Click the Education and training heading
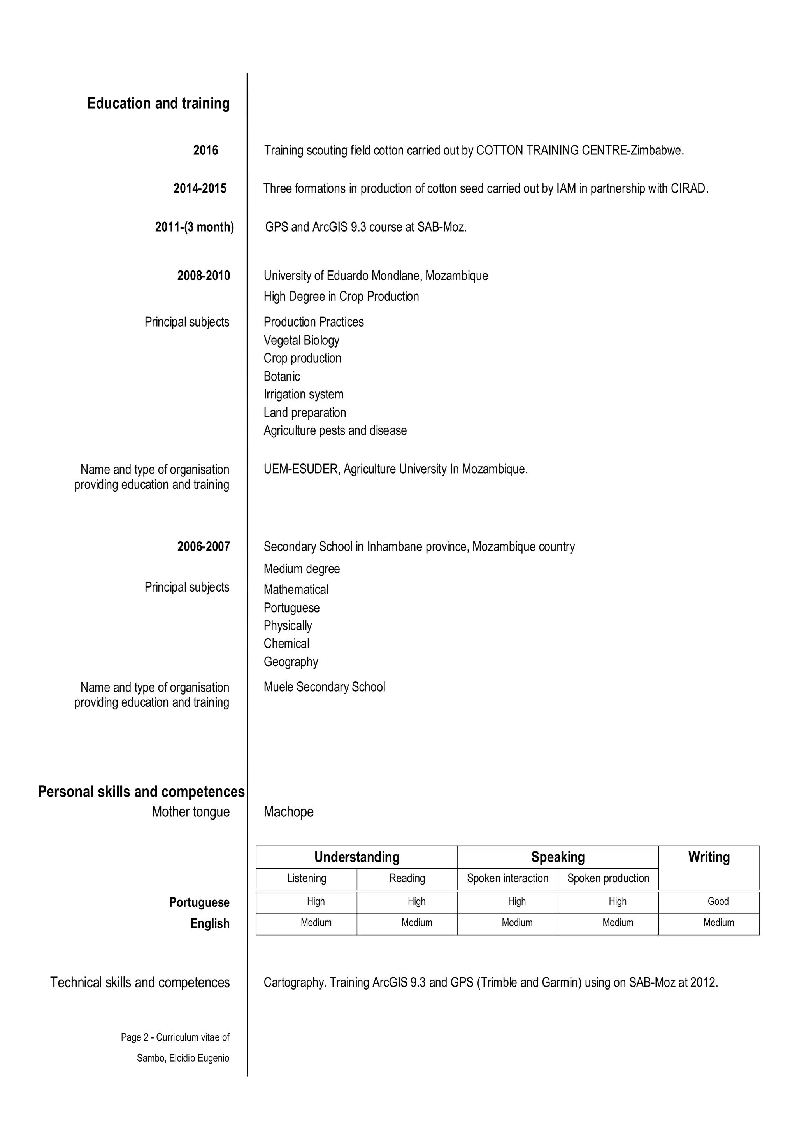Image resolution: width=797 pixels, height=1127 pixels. pos(158,104)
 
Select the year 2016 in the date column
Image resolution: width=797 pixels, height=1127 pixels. pos(205,150)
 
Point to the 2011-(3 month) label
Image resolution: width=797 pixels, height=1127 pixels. pos(194,227)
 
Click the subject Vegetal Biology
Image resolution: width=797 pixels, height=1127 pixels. pos(301,340)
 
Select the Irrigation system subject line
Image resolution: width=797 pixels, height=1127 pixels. pos(303,394)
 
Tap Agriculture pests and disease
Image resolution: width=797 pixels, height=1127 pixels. pos(335,430)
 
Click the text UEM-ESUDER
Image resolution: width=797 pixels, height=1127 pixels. pos(301,469)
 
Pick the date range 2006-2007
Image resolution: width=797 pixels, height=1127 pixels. pos(203,546)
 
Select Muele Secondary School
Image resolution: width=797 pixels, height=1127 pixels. pos(324,687)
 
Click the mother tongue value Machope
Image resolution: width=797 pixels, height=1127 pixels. pos(289,811)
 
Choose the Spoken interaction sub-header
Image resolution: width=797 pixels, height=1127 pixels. pos(507,878)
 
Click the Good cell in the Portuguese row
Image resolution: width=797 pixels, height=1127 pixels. pos(718,901)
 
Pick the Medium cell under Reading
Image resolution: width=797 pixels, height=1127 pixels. pos(417,922)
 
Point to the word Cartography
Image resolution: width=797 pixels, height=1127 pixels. pos(295,982)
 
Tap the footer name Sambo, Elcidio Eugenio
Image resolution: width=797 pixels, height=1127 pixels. pos(183,1058)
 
